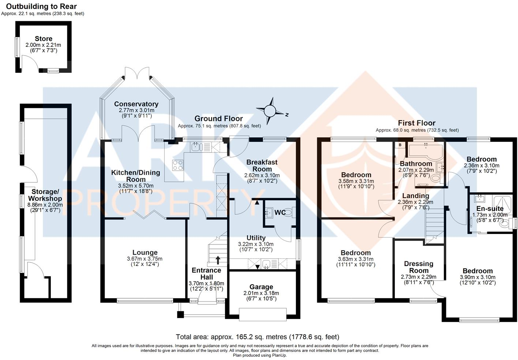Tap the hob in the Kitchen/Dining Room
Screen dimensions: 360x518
pos(178,166)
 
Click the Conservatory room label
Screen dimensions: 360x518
pos(136,104)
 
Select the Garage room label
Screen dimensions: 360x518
pos(261,287)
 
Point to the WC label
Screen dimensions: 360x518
pos(280,212)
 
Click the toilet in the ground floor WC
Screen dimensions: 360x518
pos(289,212)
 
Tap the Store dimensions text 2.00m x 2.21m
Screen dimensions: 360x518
pos(43,45)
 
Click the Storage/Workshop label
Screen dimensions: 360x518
pos(45,195)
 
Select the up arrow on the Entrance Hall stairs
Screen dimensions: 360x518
pos(218,260)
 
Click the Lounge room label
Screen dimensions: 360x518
pos(145,253)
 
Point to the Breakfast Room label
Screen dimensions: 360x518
pos(262,166)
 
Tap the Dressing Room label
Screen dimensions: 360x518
pos(418,267)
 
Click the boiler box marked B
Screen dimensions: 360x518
pos(400,145)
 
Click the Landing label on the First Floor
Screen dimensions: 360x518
pos(416,196)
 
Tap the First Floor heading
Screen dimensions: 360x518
pos(417,123)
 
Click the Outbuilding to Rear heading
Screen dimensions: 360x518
pos(41,7)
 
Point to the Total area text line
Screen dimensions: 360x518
pos(258,337)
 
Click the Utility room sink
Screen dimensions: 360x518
pos(266,264)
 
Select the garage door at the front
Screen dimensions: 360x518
pos(263,314)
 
